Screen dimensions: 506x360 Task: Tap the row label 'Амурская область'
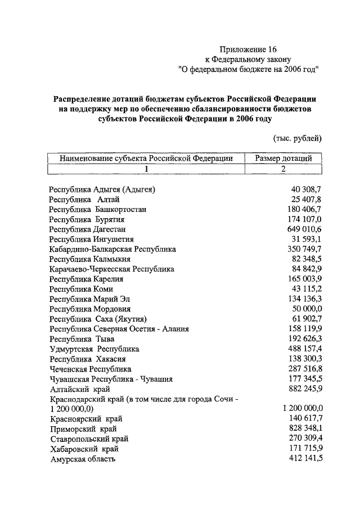click(x=83, y=459)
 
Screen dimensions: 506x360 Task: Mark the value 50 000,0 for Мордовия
click(x=304, y=309)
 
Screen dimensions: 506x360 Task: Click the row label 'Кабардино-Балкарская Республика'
click(x=112, y=249)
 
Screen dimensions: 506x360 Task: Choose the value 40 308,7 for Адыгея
click(x=304, y=189)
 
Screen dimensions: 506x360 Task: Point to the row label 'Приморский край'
click(x=83, y=429)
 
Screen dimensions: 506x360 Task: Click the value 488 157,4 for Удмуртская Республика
click(x=302, y=349)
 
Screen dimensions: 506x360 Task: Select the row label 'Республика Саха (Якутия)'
click(x=98, y=319)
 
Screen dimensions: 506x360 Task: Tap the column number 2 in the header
click(x=283, y=169)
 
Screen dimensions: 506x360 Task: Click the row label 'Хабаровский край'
click(x=84, y=449)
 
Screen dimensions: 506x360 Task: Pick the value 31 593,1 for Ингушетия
click(x=304, y=239)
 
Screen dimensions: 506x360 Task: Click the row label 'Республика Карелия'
click(x=86, y=279)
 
